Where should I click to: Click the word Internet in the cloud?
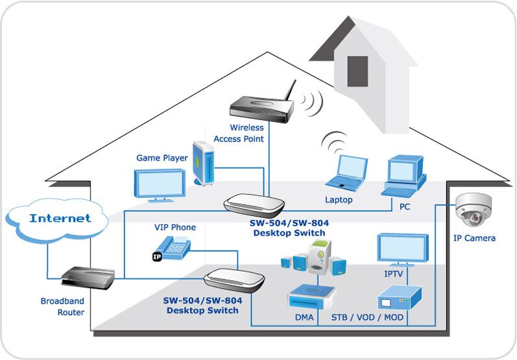(x=60, y=218)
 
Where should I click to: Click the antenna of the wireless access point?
(x=290, y=90)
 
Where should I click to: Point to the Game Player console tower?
(x=204, y=163)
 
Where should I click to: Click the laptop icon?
(x=346, y=173)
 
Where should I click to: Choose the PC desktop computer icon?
(x=405, y=176)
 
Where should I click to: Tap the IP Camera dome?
(x=473, y=210)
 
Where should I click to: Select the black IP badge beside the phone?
(x=157, y=256)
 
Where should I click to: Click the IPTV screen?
(x=403, y=248)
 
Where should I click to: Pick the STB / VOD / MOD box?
(x=399, y=297)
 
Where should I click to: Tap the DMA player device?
(x=311, y=296)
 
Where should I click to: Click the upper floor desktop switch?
(x=254, y=205)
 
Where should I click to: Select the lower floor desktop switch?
(x=234, y=280)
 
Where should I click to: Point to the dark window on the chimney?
(x=357, y=71)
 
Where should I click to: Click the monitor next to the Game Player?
(x=160, y=185)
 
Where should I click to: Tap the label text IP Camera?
(x=474, y=238)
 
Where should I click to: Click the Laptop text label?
(x=339, y=200)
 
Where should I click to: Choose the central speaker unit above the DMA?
(x=320, y=257)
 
